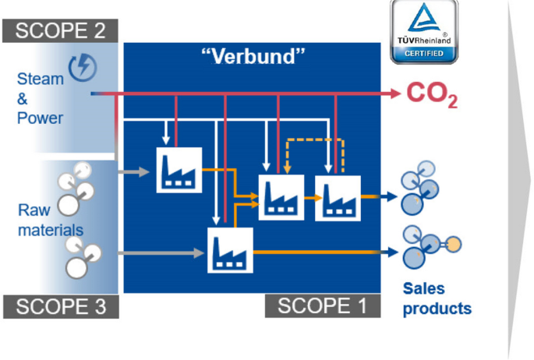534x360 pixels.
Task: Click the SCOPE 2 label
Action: coord(60,30)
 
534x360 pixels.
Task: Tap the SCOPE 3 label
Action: coord(60,306)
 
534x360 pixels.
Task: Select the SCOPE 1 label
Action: coord(322,306)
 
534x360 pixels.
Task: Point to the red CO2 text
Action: coord(432,94)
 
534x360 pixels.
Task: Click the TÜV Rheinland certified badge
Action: coord(424,33)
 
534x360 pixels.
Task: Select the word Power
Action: coord(40,118)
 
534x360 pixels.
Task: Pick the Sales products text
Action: coord(437,298)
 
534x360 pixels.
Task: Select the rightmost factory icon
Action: coord(338,198)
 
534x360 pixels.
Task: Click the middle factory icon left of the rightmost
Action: coord(281,198)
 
